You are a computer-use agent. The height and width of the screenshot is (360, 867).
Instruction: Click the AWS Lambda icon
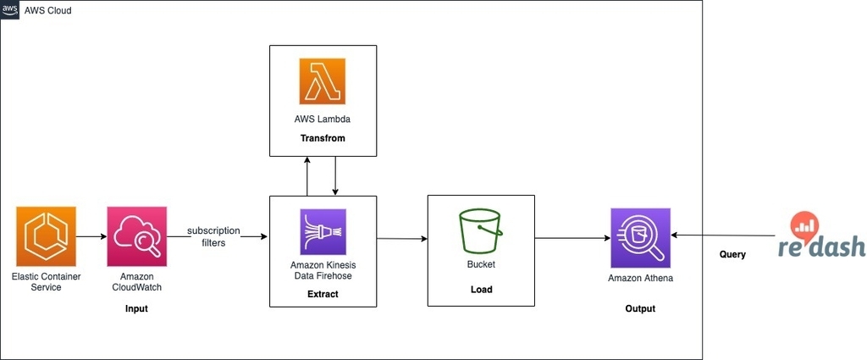click(x=323, y=81)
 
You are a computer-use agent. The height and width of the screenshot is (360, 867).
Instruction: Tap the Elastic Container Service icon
click(x=46, y=236)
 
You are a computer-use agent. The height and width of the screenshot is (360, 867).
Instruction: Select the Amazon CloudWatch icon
click(x=136, y=236)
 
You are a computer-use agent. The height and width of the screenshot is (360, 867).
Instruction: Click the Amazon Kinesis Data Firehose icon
click(x=323, y=232)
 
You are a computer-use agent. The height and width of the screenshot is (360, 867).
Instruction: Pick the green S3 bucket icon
click(x=481, y=231)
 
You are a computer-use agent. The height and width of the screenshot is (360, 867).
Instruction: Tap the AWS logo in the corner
click(x=9, y=10)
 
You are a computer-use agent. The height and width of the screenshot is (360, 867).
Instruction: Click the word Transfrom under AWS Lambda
click(x=323, y=138)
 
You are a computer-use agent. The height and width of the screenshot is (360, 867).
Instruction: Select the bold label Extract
click(x=323, y=294)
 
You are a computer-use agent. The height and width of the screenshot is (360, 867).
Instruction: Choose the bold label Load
click(x=481, y=289)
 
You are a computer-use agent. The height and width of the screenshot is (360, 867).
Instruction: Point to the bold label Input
click(x=136, y=308)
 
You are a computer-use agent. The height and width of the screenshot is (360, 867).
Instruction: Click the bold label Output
click(x=640, y=308)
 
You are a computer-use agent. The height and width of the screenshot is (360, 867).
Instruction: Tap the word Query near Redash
click(x=732, y=254)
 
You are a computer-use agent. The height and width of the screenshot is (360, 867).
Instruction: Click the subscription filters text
click(x=213, y=236)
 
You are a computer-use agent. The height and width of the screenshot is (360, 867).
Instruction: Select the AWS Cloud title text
click(x=47, y=10)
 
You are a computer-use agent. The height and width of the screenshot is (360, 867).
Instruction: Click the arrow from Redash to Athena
click(x=723, y=235)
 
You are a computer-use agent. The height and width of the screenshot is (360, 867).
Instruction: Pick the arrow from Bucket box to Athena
click(x=573, y=238)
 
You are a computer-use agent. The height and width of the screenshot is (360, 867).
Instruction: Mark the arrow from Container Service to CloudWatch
click(x=91, y=236)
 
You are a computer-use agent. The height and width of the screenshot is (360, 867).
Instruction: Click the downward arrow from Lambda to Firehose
click(x=335, y=176)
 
